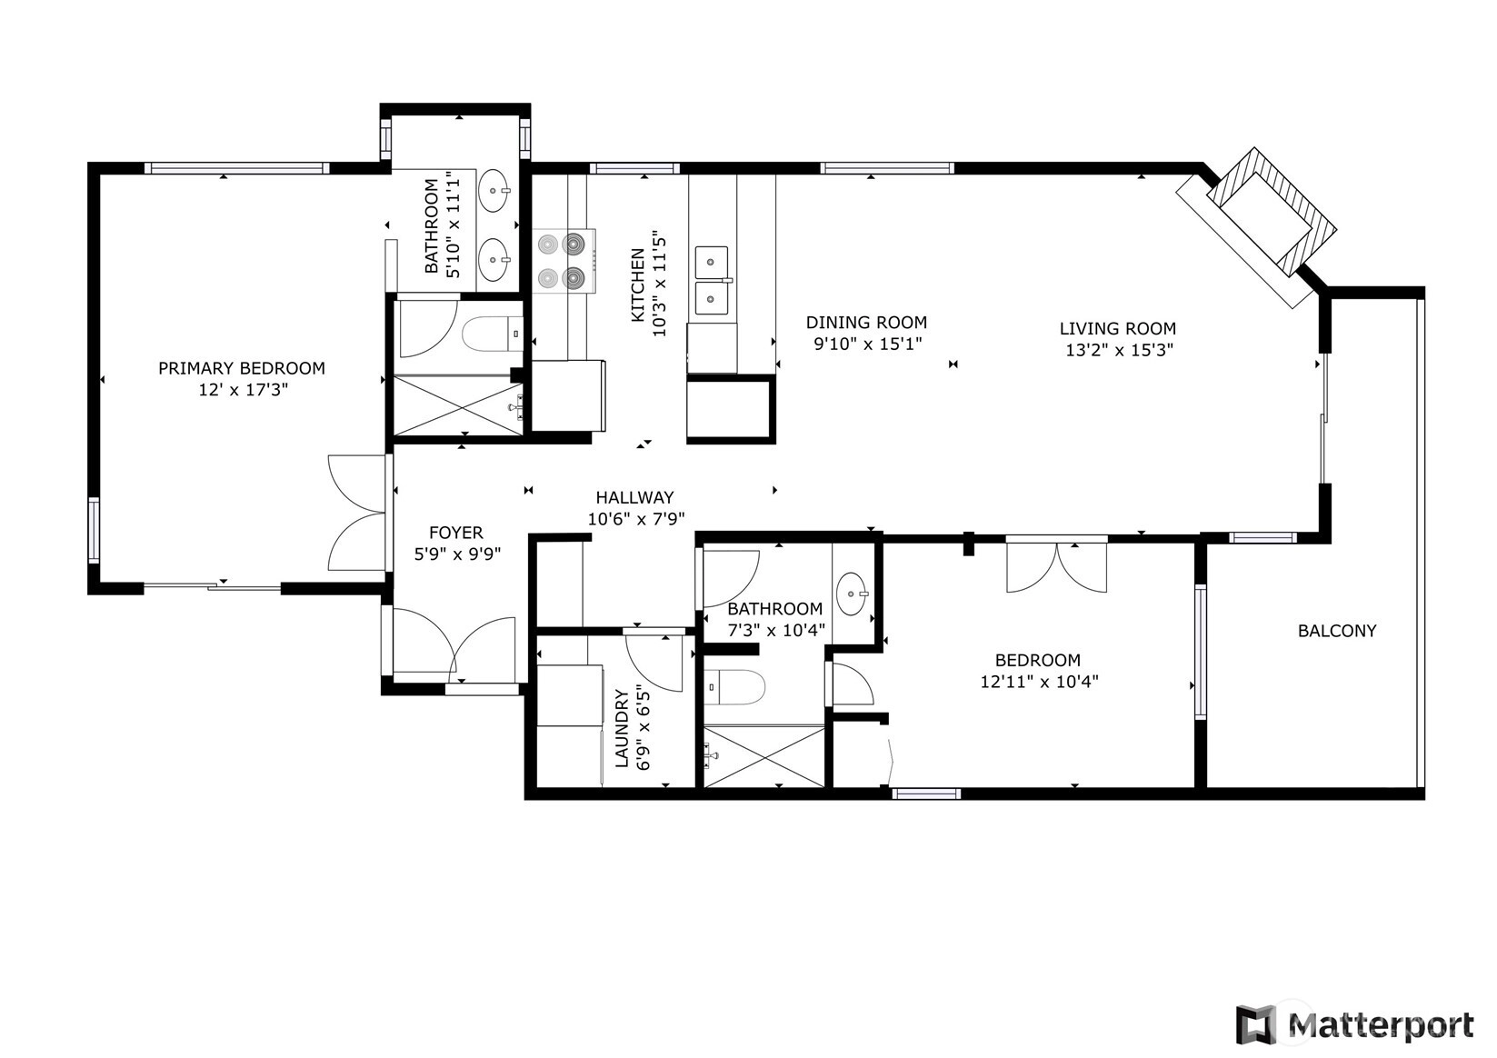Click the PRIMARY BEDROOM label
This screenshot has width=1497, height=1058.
pos(241,368)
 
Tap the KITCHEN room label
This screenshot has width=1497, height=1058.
pos(638,284)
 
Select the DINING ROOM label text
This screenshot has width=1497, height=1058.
pos(866,323)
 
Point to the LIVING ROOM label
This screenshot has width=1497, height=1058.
pos(1117,329)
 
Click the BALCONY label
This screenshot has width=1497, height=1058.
pos(1337,631)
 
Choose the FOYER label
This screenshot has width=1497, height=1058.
pos(455,533)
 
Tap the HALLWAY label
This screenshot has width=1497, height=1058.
pos(634,497)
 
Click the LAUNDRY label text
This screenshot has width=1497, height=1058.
pos(622,728)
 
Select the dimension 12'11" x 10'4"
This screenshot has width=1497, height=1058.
pos(1039,682)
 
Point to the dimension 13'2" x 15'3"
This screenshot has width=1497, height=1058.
pos(1120,350)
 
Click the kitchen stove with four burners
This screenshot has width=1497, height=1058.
pos(564,261)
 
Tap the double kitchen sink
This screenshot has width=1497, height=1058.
pos(713,281)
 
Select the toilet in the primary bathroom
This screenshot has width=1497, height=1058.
pos(492,334)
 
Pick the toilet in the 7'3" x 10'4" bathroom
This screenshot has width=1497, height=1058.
pos(734,688)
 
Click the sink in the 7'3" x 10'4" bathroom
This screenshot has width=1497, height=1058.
pos(852,593)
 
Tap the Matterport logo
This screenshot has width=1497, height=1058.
pos(1354,1024)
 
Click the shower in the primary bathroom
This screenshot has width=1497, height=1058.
pos(458,405)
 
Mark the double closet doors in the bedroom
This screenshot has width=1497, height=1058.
pos(1056,568)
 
